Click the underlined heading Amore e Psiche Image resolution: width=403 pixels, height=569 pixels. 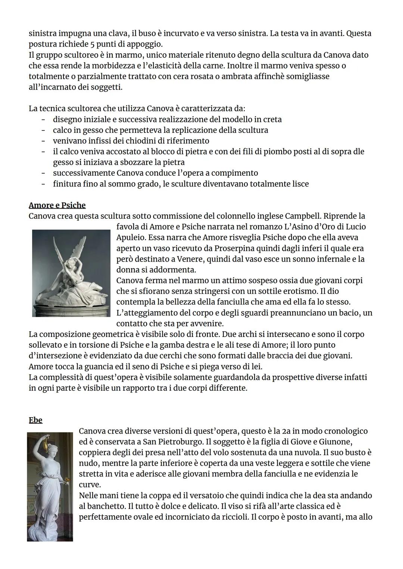[x=57, y=205]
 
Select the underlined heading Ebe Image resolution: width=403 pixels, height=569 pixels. [x=35, y=420]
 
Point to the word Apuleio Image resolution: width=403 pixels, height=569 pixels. [x=130, y=238]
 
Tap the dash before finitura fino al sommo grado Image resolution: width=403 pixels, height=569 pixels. [x=44, y=184]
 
